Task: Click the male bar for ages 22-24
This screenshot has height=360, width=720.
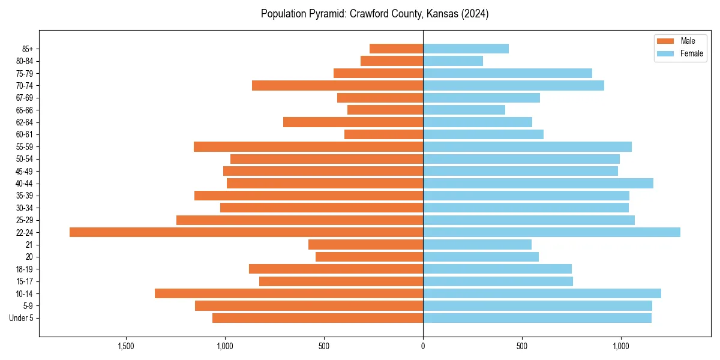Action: [x=246, y=232]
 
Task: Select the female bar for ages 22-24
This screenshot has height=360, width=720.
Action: [x=551, y=232]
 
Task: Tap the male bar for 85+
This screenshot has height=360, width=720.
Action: [x=396, y=49]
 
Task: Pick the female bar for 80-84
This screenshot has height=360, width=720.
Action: [x=453, y=61]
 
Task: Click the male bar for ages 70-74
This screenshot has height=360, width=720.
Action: [x=337, y=85]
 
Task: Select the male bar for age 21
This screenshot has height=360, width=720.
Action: [x=365, y=244]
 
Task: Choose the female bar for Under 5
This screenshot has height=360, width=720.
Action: [x=537, y=318]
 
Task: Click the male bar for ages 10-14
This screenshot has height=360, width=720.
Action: [x=289, y=293]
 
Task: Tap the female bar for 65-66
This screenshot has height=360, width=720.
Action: [x=464, y=110]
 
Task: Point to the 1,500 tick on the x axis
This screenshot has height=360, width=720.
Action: [x=125, y=346]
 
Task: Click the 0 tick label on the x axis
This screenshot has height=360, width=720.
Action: [x=423, y=346]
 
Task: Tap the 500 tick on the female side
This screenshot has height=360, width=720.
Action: [x=522, y=346]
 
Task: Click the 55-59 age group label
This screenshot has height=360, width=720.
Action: [x=25, y=146]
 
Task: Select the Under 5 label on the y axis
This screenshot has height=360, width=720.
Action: [x=21, y=318]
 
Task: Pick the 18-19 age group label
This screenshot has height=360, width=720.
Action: [x=25, y=269]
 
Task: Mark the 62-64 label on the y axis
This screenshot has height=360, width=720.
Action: [x=25, y=122]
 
